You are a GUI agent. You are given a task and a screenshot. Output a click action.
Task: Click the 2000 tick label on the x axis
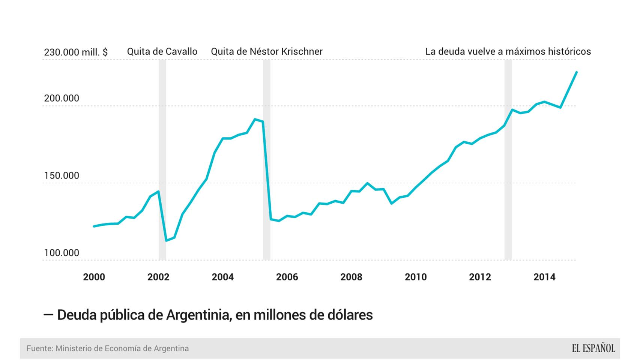click(94, 277)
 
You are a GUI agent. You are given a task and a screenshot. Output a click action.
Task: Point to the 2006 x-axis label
click(287, 277)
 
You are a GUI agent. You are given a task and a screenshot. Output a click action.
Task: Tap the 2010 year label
click(416, 277)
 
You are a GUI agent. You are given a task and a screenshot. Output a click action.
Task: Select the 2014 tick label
click(544, 277)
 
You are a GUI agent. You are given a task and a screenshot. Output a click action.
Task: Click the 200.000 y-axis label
click(62, 98)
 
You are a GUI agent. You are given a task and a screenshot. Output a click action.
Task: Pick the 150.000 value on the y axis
click(62, 175)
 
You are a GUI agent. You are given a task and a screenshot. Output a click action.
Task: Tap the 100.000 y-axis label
click(62, 253)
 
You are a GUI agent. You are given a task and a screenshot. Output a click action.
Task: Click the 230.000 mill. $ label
click(76, 52)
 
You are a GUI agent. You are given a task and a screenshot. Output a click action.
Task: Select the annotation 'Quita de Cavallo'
click(162, 51)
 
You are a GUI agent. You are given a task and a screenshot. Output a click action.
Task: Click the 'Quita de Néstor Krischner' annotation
click(266, 51)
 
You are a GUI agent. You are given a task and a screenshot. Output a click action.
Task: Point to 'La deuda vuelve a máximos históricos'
click(508, 51)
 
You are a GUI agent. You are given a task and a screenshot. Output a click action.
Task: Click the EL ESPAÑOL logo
click(593, 348)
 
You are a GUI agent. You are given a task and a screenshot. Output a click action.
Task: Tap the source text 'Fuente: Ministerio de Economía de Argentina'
click(107, 348)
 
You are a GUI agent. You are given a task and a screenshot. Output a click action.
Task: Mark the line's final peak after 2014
click(577, 72)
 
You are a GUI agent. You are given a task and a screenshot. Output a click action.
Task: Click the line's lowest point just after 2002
click(166, 240)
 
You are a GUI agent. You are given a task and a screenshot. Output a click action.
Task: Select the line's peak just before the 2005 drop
click(255, 119)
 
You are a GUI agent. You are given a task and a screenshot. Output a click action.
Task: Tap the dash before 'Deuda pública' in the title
click(48, 315)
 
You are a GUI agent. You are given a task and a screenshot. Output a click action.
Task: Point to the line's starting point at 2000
click(94, 226)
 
